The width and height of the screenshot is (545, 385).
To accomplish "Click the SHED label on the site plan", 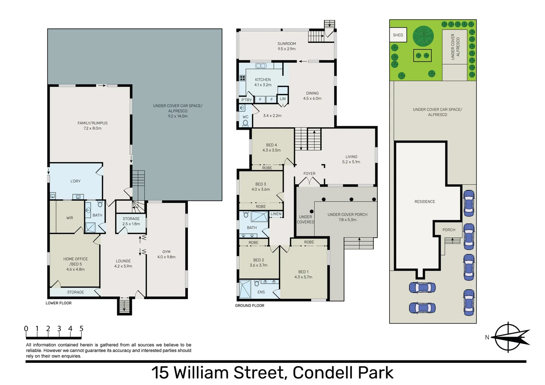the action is point(398,35).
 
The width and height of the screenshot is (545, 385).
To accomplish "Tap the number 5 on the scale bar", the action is point(81,329).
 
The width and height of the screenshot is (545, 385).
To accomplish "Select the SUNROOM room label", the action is point(287,43).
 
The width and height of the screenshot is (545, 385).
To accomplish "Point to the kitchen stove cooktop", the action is point(242,78).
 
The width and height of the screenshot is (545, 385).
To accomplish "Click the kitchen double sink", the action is point(261,66).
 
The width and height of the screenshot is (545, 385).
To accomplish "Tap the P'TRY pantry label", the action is point(246,100).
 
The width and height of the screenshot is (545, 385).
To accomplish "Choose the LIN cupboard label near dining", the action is point(283,99).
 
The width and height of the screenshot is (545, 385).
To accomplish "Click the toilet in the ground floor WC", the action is point(245,123).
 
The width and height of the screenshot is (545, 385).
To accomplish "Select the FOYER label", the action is point(309,174).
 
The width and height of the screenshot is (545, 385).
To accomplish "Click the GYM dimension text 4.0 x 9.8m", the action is point(166,257).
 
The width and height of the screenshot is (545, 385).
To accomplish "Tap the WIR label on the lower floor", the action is point(70,218).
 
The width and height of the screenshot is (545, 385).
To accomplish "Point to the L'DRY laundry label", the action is point(76,181).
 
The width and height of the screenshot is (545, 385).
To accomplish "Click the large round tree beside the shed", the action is point(423,36).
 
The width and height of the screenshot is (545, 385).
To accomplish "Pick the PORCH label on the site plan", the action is point(449,230).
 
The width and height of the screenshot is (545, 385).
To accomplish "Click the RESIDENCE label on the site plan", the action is point(425,201).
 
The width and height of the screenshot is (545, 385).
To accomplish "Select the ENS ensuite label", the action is point(261,292).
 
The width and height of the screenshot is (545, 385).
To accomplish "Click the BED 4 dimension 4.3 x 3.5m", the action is point(272,150).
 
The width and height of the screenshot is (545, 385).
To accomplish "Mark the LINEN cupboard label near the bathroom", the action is point(276,214).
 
